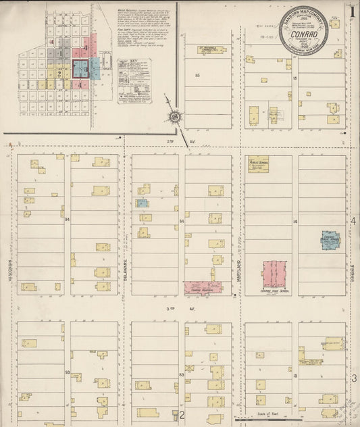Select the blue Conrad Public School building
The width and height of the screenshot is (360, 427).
point(330,239)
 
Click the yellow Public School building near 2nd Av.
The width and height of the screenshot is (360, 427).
point(258,164)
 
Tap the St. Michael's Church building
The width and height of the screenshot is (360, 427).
point(211,51)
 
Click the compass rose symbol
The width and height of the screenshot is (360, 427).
point(175,117)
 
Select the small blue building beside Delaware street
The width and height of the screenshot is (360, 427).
point(143,203)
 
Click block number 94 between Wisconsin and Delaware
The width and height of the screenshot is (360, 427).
point(67,220)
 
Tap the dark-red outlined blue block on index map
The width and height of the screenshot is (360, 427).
point(81,69)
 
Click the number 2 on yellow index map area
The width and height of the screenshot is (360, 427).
point(59,74)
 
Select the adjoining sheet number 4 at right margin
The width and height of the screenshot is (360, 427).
point(353,221)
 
